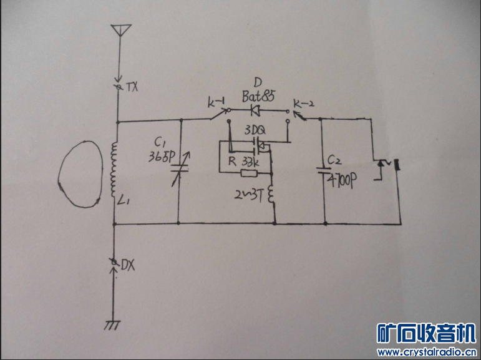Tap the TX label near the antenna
pos(132,87)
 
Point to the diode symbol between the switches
pos(255,111)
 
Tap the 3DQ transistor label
pos(255,132)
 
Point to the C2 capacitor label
pos(336,161)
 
